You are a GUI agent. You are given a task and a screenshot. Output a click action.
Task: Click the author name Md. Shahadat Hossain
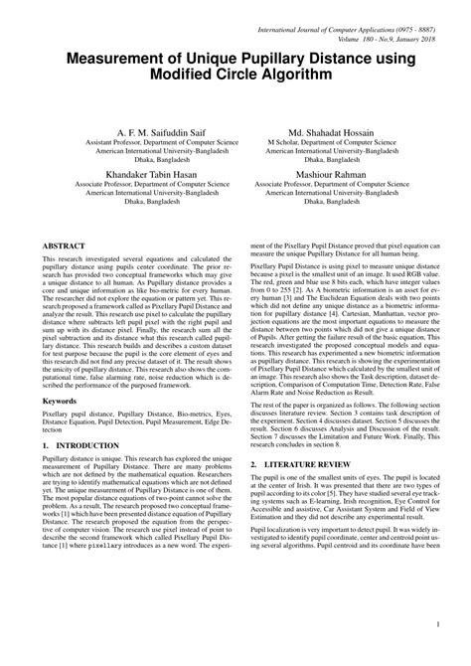pos(331,131)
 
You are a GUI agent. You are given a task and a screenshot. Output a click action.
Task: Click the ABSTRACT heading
pos(64,245)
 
